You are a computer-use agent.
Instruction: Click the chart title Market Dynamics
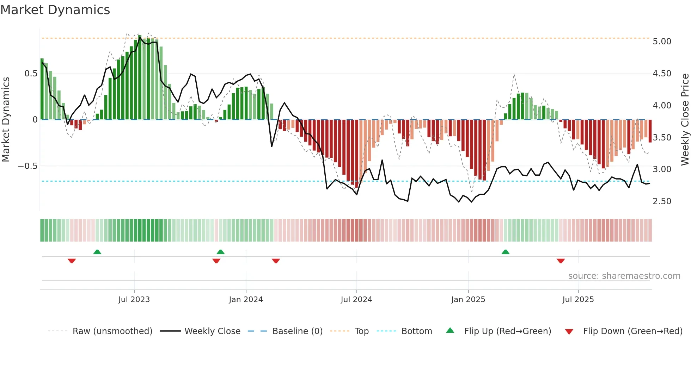tap(55, 10)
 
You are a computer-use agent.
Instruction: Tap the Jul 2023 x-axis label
tap(134, 300)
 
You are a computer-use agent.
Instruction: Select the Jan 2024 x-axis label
tap(246, 300)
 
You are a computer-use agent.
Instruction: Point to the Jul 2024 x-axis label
tap(356, 300)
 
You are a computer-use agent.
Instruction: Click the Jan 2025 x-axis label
tap(468, 300)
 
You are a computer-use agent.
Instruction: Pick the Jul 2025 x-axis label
tap(578, 300)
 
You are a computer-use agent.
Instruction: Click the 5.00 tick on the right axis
tap(662, 42)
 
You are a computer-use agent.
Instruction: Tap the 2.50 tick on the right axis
tap(662, 201)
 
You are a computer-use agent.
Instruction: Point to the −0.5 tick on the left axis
tap(28, 166)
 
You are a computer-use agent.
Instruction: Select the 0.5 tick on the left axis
tap(31, 74)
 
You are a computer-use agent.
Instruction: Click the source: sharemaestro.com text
tap(624, 276)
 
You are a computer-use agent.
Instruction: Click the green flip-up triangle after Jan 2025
tap(505, 252)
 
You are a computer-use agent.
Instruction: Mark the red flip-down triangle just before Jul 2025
tap(561, 261)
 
